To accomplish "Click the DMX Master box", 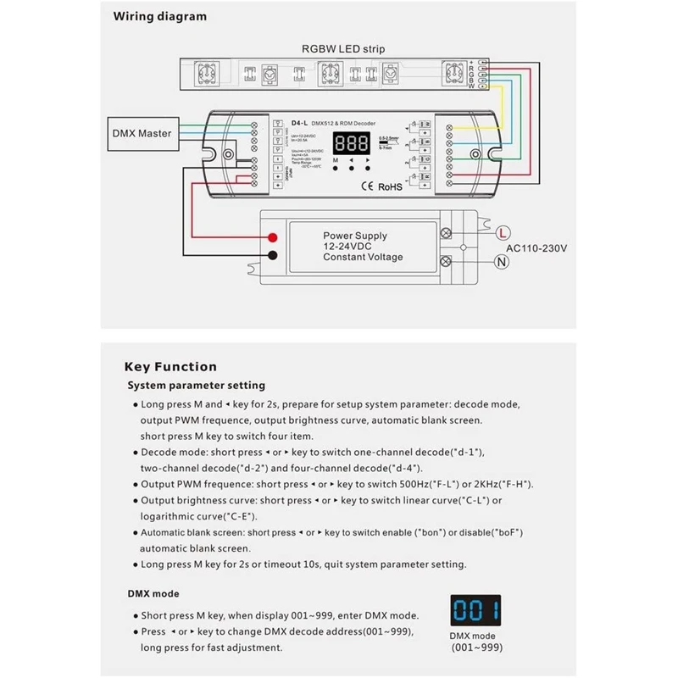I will pyautogui.click(x=142, y=133).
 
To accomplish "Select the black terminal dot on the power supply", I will pyautogui.click(x=274, y=255).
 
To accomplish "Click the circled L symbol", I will pyautogui.click(x=502, y=231).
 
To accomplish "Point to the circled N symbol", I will pyautogui.click(x=502, y=261).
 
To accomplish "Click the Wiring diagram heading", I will pyautogui.click(x=160, y=16).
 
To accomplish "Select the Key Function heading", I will pyautogui.click(x=170, y=367).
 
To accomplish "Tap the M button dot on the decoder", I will pyautogui.click(x=336, y=169).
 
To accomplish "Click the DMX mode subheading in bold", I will pyautogui.click(x=153, y=594).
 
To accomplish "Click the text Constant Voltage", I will pyautogui.click(x=363, y=258).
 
